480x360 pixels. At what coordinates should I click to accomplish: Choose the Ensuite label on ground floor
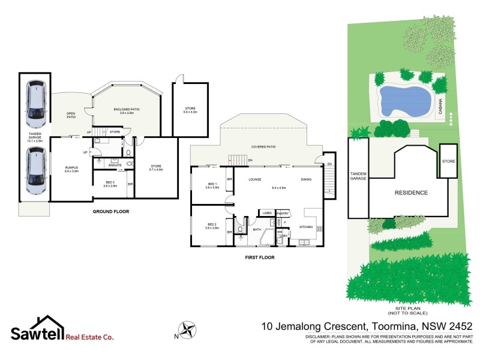pos(115,165)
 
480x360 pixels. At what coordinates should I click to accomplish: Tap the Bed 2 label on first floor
pos(211,226)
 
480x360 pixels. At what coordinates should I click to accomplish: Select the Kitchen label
pos(306,227)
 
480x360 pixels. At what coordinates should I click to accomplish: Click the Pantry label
pos(283,212)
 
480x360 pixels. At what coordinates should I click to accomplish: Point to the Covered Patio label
pos(263,146)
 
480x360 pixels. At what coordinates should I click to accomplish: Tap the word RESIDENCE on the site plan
pos(411,193)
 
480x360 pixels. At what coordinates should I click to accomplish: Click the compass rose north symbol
pos(190,329)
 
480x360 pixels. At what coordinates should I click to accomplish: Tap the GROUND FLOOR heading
pos(110,211)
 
